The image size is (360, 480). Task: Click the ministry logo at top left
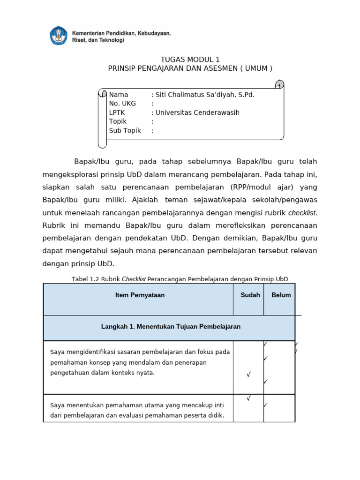59,36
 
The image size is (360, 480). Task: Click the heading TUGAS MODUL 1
190,60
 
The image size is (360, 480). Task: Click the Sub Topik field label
125,131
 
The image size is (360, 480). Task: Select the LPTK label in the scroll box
118,113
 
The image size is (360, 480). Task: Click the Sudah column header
250,295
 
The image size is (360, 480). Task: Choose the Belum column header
281,295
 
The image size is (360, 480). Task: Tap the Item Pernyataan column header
140,295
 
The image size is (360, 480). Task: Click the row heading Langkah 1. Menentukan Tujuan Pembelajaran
171,327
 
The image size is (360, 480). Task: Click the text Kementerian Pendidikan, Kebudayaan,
121,33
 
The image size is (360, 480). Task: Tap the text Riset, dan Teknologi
97,40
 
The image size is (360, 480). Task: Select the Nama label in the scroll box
118,95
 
